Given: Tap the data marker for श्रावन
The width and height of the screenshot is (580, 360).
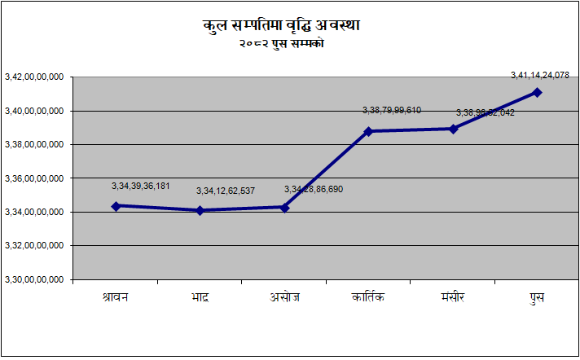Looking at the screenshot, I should (x=116, y=206).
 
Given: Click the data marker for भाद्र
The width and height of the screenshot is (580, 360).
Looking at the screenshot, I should (x=200, y=210).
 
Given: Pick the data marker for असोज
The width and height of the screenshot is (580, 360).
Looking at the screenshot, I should (x=284, y=208).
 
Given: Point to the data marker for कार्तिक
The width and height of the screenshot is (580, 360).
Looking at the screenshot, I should (x=369, y=131).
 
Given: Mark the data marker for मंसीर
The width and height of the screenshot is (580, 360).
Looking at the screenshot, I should (x=453, y=129).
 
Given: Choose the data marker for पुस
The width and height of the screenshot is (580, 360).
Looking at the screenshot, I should (x=537, y=92).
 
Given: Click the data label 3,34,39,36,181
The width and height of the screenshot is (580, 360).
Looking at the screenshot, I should (x=141, y=186).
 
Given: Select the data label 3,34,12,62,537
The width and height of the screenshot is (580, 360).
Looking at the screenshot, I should (x=226, y=191).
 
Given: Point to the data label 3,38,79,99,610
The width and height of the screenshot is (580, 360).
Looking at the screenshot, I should (x=392, y=110).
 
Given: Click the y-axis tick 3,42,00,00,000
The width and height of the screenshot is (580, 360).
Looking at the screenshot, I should (x=34, y=77).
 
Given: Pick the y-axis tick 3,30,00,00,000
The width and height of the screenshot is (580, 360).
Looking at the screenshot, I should (x=34, y=279).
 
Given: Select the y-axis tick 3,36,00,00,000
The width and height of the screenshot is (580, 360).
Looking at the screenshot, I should (x=34, y=178).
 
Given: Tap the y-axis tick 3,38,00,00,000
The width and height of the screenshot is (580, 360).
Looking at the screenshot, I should (x=34, y=145).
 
